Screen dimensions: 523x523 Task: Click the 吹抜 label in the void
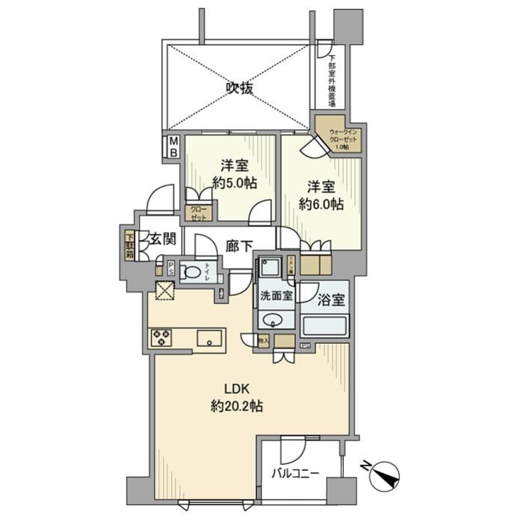(239, 87)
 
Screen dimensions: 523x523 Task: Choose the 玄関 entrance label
(162, 238)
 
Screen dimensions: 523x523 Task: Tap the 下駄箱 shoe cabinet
(130, 246)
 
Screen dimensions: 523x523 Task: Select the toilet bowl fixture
(191, 271)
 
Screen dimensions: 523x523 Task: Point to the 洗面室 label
(276, 297)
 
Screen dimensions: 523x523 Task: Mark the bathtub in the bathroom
(325, 326)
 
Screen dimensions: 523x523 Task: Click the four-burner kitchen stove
(161, 338)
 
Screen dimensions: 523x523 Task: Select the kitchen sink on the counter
(209, 338)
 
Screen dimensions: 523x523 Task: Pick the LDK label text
(237, 388)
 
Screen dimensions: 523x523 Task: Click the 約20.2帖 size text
(237, 406)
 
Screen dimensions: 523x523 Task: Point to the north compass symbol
(385, 475)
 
